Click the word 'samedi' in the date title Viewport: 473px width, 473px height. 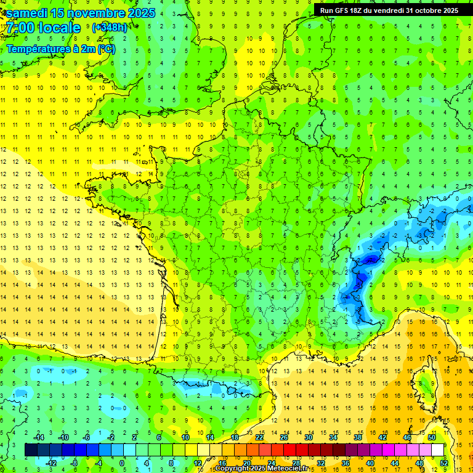click(x=27, y=13)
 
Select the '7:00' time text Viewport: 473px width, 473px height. click(x=18, y=28)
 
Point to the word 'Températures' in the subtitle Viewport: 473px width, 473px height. click(x=37, y=49)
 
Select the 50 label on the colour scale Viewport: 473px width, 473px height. click(x=431, y=437)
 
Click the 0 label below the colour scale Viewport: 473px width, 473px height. click(x=122, y=463)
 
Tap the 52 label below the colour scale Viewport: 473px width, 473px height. click(x=443, y=463)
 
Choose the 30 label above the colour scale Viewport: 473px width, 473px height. click(x=308, y=437)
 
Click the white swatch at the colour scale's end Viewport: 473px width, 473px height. click(x=437, y=450)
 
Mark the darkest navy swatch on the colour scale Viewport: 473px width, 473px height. click(x=31, y=450)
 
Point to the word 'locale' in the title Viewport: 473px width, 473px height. click(x=59, y=28)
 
